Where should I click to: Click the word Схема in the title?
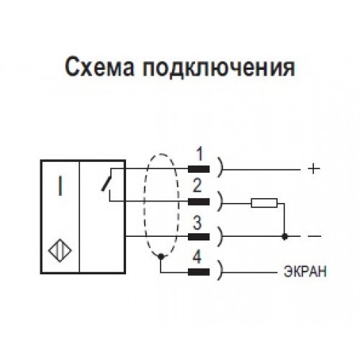tap(99, 68)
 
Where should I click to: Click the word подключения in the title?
tap(218, 68)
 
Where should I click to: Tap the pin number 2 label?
tap(197, 186)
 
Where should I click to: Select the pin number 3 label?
tap(197, 223)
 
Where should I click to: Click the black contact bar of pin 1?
tap(199, 169)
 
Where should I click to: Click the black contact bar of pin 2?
tap(199, 202)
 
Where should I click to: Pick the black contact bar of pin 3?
tap(199, 237)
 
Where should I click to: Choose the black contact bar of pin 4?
tap(199, 272)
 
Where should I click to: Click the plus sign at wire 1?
tap(314, 169)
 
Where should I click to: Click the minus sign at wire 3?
tap(314, 237)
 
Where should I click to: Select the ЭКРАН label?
tap(305, 271)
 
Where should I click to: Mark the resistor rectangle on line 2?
tap(264, 203)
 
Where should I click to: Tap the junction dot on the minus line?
tap(284, 237)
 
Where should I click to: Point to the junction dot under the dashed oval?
tap(161, 256)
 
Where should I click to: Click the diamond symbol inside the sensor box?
tap(60, 251)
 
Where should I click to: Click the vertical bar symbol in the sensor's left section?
tap(60, 186)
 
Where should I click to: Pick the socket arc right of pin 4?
tap(220, 270)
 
